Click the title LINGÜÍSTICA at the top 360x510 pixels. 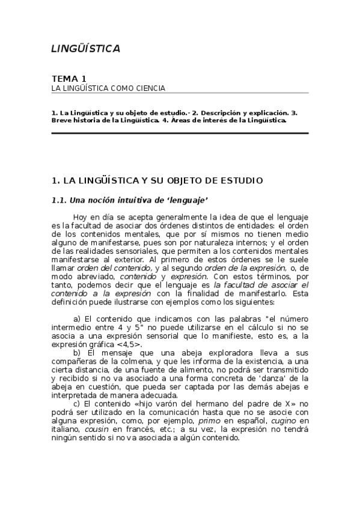point(85,49)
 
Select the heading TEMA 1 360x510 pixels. point(69,79)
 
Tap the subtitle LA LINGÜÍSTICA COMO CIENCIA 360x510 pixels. point(108,88)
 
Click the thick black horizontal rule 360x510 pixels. point(180,133)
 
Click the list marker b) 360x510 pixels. point(77,352)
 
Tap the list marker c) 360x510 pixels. point(77,404)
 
